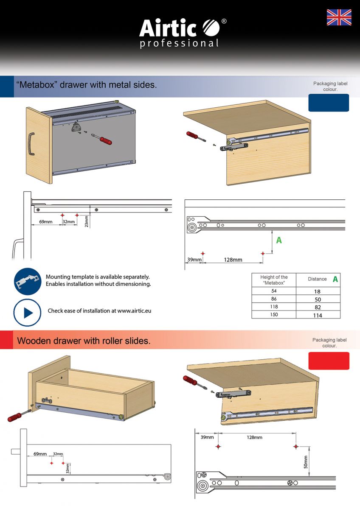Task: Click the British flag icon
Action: pyautogui.click(x=339, y=17)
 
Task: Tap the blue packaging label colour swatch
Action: pyautogui.click(x=329, y=103)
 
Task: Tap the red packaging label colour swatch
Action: pyautogui.click(x=329, y=361)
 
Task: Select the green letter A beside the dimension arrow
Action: pyautogui.click(x=279, y=240)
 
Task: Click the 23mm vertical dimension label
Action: pyautogui.click(x=87, y=221)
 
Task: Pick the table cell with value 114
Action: pyautogui.click(x=318, y=315)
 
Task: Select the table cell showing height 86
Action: pyautogui.click(x=274, y=299)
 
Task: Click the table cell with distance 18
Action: pyautogui.click(x=318, y=291)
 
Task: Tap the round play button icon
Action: pyautogui.click(x=27, y=313)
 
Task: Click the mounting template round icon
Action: pyautogui.click(x=28, y=281)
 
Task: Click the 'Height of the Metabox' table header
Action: pyautogui.click(x=274, y=280)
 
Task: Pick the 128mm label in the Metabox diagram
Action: pyautogui.click(x=233, y=260)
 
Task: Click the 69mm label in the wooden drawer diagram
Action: pyautogui.click(x=40, y=454)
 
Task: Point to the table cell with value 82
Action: pyautogui.click(x=318, y=307)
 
